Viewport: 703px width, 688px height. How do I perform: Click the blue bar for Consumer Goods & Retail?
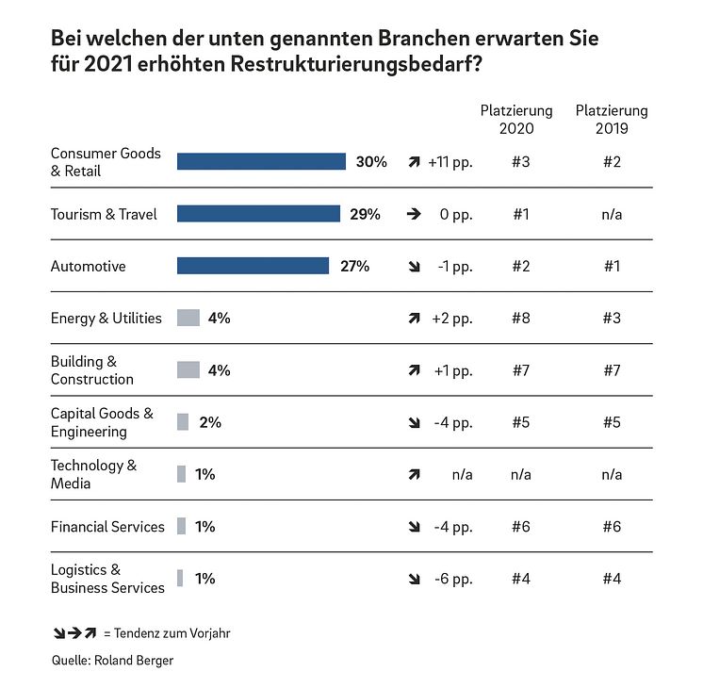click(261, 161)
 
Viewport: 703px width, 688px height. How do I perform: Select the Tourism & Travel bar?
click(258, 214)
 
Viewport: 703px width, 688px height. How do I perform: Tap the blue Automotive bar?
click(253, 266)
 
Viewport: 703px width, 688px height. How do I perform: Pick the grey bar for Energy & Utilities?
click(188, 318)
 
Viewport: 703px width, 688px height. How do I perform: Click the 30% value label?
click(371, 161)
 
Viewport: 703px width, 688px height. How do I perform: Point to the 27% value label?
click(354, 266)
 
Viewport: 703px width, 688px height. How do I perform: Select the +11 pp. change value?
click(450, 161)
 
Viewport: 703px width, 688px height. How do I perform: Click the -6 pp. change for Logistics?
click(454, 579)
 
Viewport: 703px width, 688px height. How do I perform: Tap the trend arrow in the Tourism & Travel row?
click(414, 214)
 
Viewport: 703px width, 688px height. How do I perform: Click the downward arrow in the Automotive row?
click(414, 267)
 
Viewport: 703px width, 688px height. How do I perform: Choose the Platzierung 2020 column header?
click(516, 120)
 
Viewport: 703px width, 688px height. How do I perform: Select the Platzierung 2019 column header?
click(612, 120)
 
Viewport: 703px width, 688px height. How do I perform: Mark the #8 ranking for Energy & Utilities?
click(520, 318)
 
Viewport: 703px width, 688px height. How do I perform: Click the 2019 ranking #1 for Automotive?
click(612, 266)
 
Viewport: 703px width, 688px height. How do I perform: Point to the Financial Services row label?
click(107, 527)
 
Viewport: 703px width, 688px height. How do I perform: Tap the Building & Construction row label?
click(92, 370)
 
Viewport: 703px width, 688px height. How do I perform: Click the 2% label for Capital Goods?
click(210, 422)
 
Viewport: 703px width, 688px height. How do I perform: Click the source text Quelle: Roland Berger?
click(112, 661)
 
